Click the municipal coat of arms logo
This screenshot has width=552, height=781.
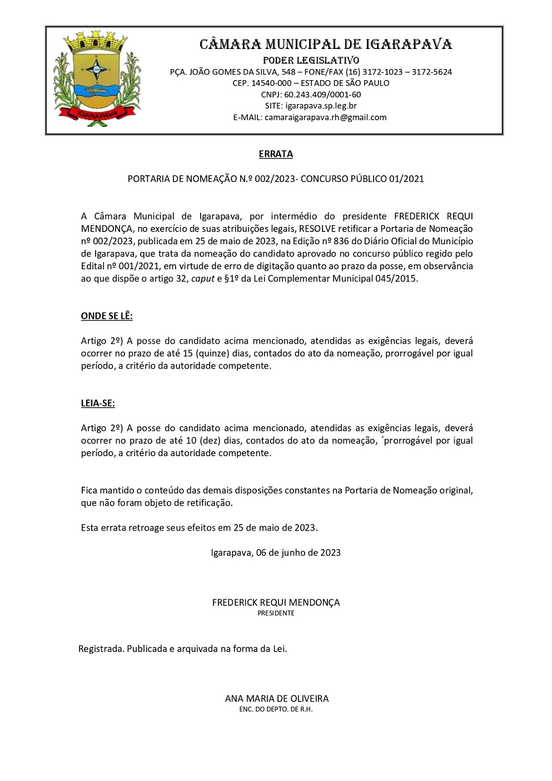(97, 79)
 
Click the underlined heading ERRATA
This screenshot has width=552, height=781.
(276, 154)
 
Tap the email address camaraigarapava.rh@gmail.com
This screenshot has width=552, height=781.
(325, 117)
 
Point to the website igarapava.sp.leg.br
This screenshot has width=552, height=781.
(321, 106)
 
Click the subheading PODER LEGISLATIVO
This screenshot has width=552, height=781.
(311, 60)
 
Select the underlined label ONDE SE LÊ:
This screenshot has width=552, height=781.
(107, 316)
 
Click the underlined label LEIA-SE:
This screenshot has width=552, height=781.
(98, 403)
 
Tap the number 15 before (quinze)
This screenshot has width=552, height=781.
(187, 353)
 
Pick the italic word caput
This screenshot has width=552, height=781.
(202, 279)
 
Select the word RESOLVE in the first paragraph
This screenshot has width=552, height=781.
(317, 229)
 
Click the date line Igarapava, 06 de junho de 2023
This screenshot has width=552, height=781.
(276, 552)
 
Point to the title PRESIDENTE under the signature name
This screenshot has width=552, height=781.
(276, 613)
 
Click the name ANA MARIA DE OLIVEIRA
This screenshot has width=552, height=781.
(277, 699)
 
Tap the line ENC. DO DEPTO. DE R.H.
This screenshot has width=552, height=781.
(276, 709)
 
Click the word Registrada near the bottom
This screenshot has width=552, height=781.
(101, 649)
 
